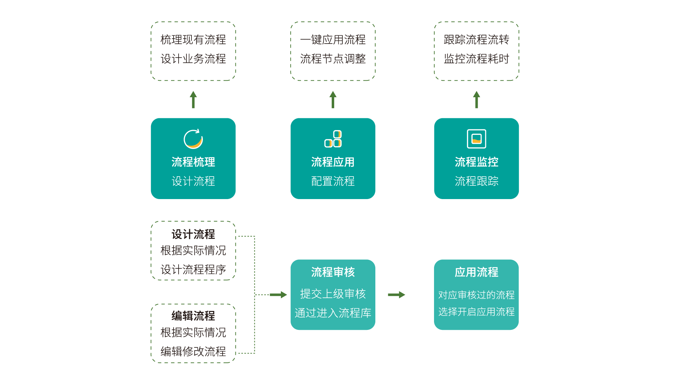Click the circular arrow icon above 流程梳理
193,139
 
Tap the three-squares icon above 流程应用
333,139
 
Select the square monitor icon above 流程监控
476,139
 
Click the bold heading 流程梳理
193,162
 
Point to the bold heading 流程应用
333,162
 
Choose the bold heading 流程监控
476,162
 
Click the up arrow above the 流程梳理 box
193,99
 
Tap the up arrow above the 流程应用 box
333,99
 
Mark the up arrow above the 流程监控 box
476,99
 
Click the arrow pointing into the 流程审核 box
278,295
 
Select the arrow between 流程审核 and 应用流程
396,295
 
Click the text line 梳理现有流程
193,40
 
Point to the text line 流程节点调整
333,59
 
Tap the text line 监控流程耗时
476,59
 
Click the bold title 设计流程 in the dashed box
193,234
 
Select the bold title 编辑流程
193,316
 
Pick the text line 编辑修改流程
193,351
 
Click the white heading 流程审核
333,272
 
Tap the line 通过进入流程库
333,313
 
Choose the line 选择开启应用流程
476,312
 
